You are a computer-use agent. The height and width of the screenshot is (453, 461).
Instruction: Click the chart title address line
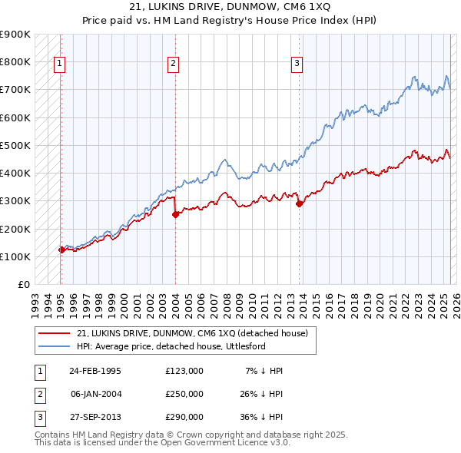tap(230, 8)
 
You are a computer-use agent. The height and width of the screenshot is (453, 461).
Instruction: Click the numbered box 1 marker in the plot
tap(60, 64)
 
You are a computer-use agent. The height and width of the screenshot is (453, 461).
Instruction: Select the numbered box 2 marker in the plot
tap(174, 64)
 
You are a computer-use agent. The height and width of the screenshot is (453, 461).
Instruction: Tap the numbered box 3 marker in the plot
tap(297, 64)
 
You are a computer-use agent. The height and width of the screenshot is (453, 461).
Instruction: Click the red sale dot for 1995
tap(61, 250)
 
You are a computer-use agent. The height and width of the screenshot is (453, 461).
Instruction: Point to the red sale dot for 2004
tap(175, 214)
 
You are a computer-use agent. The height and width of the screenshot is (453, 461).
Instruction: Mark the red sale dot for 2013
tap(299, 203)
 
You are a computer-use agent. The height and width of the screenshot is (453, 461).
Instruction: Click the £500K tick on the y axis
tap(16, 145)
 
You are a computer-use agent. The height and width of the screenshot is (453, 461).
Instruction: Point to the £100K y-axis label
tap(16, 256)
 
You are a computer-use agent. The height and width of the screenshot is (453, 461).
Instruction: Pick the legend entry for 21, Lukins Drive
tap(192, 333)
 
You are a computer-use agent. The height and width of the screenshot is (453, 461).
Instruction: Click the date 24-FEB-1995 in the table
tap(95, 371)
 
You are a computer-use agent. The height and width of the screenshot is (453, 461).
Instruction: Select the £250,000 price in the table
tap(184, 394)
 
